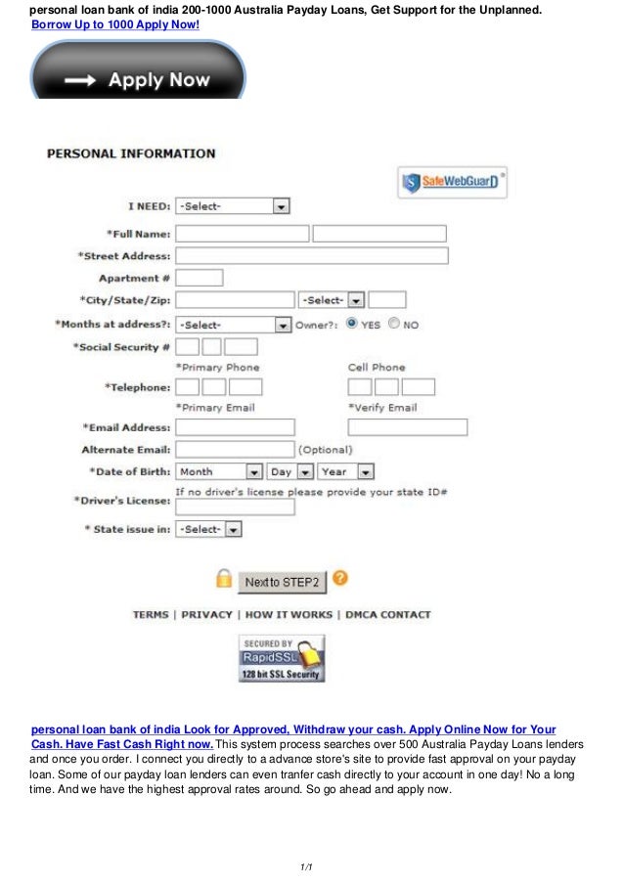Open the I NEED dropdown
[x=232, y=206]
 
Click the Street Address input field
[x=311, y=255]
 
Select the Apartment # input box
[x=199, y=278]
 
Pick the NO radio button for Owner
[x=394, y=324]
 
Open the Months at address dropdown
[x=233, y=325]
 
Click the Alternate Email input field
[x=235, y=449]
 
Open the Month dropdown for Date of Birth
[x=219, y=471]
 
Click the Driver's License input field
[x=235, y=507]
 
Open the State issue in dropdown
[x=208, y=529]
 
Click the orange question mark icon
[x=339, y=578]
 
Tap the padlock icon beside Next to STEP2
[x=224, y=579]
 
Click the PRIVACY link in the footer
[x=206, y=615]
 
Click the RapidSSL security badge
[x=282, y=658]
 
